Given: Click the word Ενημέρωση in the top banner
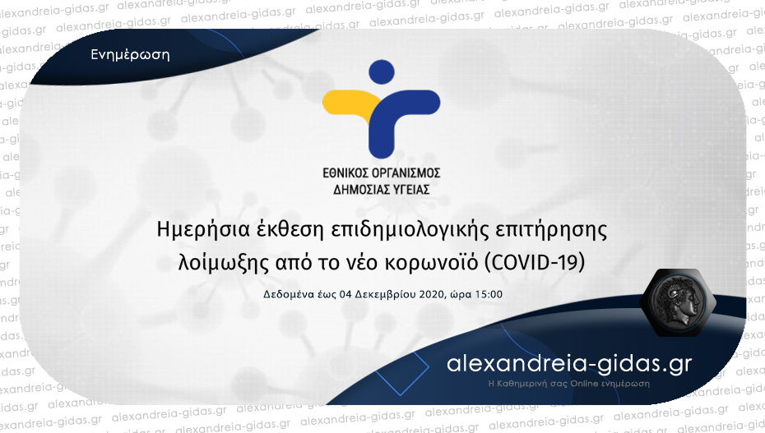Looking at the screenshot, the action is pyautogui.click(x=130, y=54).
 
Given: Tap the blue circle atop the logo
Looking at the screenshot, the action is pyautogui.click(x=382, y=72).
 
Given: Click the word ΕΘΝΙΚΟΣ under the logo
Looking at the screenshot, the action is pyautogui.click(x=345, y=173).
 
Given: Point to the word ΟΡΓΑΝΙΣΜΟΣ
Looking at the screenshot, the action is pyautogui.click(x=406, y=173).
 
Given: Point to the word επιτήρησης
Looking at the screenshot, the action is pyautogui.click(x=551, y=230).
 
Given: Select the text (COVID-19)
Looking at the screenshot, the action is pyautogui.click(x=534, y=263).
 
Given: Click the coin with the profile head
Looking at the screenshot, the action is pyautogui.click(x=679, y=302).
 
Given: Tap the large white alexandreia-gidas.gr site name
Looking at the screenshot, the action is pyautogui.click(x=569, y=364).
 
